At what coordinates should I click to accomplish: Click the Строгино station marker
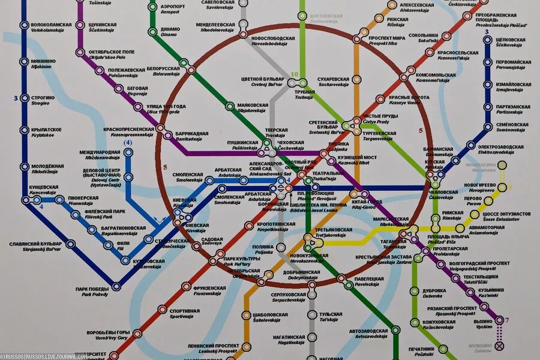pyautogui.click(x=24, y=98)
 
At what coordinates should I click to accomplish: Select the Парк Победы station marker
pyautogui.click(x=116, y=286)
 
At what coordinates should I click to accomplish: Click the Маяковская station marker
pyautogui.click(x=229, y=106)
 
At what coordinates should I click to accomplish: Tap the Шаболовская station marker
pyautogui.click(x=246, y=315)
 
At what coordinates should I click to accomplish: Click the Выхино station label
pyautogui.click(x=484, y=323)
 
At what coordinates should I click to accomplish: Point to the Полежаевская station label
pyautogui.click(x=127, y=72)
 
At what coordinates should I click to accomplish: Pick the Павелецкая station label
pyautogui.click(x=369, y=281)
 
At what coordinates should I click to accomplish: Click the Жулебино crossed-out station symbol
pyautogui.click(x=499, y=346)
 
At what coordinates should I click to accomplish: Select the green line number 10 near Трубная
pyautogui.click(x=294, y=74)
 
